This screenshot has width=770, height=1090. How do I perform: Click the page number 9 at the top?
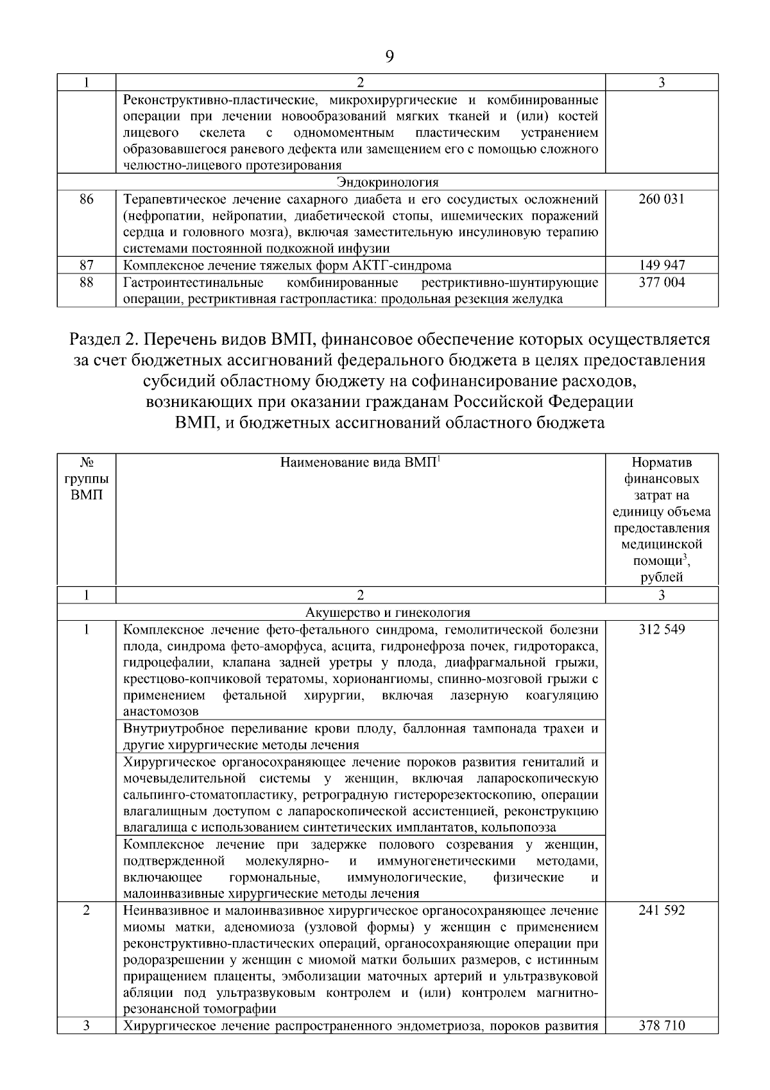[x=389, y=56]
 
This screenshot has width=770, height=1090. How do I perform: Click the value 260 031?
[x=662, y=199]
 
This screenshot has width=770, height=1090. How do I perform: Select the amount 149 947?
[x=662, y=265]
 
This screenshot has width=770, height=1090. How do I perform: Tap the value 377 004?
[x=662, y=282]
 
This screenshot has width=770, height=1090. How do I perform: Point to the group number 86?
[x=87, y=199]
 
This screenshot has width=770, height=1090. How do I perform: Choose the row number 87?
[x=87, y=265]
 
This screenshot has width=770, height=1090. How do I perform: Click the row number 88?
[x=87, y=282]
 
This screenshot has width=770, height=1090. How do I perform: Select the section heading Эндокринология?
[x=388, y=182]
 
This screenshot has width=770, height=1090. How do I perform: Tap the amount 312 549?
[x=662, y=629]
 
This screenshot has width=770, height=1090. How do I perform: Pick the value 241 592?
[x=662, y=910]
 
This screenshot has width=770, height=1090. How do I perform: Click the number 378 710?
[x=662, y=1026]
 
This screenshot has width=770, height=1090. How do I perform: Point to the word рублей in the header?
[x=662, y=577]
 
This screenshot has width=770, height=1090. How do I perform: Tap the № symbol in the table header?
[x=87, y=463]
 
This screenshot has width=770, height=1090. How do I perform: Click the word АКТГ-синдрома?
[x=405, y=266]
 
